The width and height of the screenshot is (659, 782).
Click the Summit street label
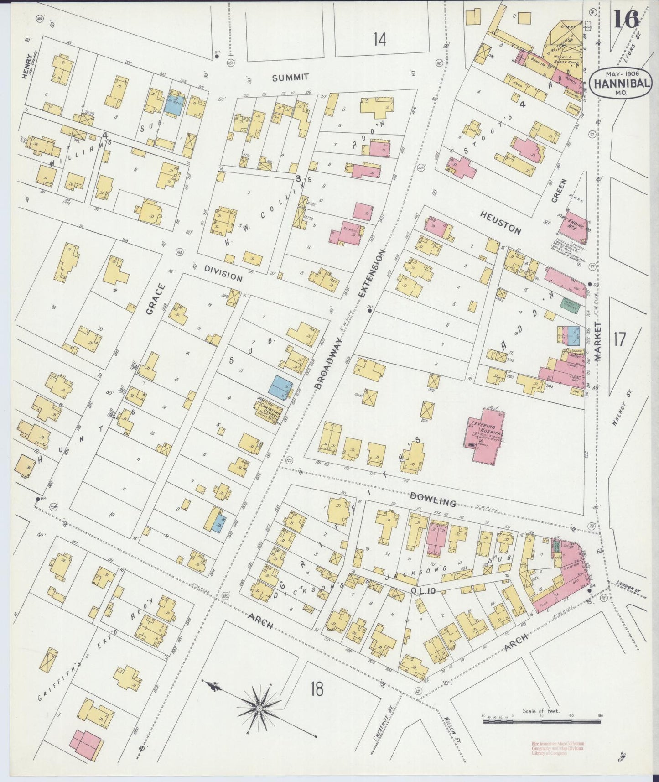tap(291, 78)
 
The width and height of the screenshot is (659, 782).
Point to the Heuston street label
tap(500, 223)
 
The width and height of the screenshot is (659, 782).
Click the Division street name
tap(223, 273)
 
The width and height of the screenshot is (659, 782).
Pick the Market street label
tap(598, 340)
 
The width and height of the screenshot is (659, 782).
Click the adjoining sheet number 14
tap(379, 40)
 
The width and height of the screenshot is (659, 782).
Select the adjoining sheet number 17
tap(619, 339)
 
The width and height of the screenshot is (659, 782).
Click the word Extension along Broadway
tap(371, 274)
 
